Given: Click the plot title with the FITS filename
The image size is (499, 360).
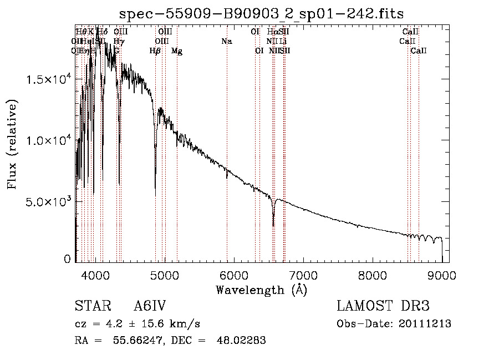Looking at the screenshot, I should [x=262, y=13].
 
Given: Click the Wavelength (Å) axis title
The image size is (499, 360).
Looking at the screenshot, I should [x=261, y=290].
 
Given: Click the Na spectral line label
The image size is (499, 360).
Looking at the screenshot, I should [x=226, y=42].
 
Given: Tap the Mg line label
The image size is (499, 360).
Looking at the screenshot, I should [x=177, y=51].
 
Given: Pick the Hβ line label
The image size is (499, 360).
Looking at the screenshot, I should [x=155, y=51].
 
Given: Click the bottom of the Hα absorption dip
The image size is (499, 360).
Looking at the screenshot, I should [x=273, y=225].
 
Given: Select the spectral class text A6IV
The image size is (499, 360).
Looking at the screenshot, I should [x=150, y=306].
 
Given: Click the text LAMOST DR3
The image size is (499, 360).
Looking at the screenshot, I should [x=383, y=306].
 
